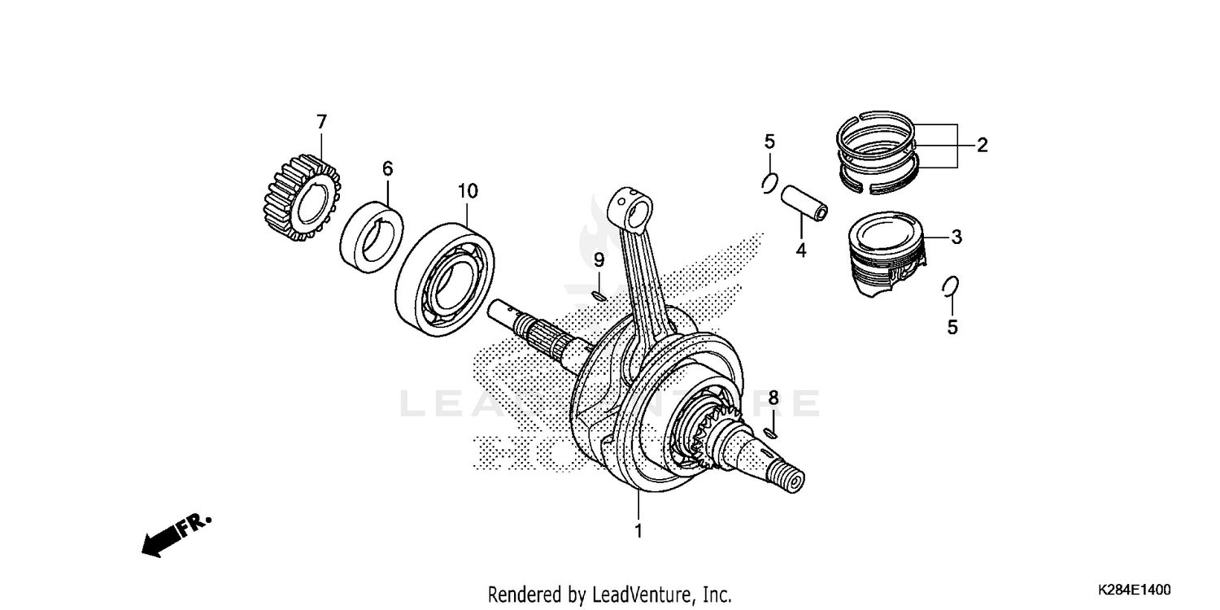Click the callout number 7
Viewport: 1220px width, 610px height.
pos(321,122)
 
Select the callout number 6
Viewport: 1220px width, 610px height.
pos(387,168)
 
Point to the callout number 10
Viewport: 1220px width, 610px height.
pos(467,191)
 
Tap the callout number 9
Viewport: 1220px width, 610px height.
pos(598,260)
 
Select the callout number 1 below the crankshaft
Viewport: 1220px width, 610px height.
pos(638,531)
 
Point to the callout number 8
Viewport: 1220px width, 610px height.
pos(773,398)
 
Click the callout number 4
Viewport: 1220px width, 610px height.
pos(800,251)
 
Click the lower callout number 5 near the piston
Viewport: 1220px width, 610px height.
pos(952,327)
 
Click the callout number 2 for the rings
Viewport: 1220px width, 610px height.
pos(982,146)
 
